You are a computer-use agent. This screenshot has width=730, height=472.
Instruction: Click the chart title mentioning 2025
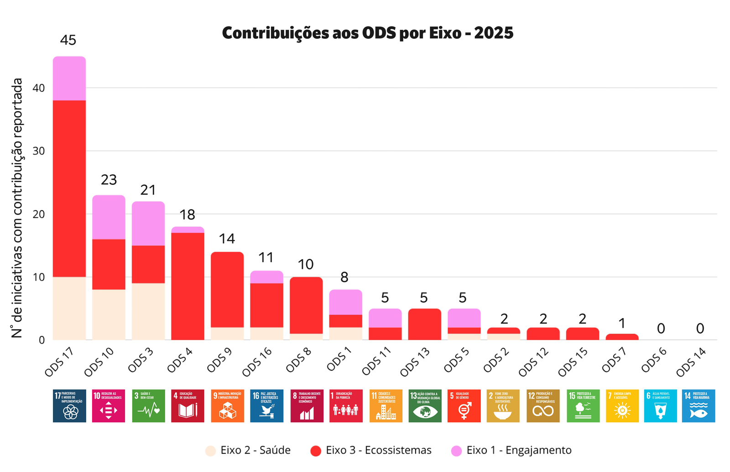[x=367, y=33]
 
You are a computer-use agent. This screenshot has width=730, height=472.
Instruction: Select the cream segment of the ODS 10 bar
[x=109, y=315]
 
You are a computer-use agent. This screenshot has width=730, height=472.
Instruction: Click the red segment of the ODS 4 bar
[x=188, y=286]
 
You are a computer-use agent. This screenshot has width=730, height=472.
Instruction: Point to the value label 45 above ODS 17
[x=68, y=40]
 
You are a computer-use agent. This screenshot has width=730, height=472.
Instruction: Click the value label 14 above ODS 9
[x=227, y=239]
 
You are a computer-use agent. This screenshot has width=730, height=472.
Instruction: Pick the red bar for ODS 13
[x=424, y=325]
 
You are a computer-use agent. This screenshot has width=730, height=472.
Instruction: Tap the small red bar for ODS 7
[x=622, y=337]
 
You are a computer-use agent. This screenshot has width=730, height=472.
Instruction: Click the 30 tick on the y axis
[x=39, y=151]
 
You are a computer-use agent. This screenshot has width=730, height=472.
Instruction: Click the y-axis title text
[x=17, y=208]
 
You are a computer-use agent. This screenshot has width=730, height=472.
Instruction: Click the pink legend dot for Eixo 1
[x=456, y=451]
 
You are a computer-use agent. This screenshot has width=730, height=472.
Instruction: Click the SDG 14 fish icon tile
[x=699, y=406]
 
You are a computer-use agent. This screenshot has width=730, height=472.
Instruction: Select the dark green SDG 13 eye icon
[x=425, y=406]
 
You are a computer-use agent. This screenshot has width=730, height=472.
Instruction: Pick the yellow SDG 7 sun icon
[x=622, y=406]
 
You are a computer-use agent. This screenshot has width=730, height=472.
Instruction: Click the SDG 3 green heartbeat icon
[x=148, y=406]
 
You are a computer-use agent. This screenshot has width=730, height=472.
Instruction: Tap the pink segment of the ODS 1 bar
[x=345, y=302]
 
